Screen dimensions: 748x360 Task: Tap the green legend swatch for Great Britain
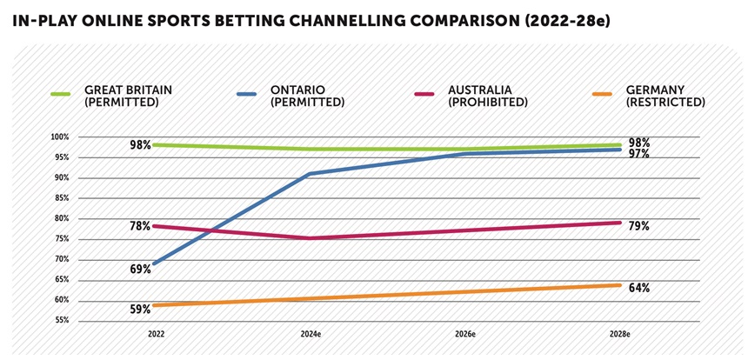pos(61,94)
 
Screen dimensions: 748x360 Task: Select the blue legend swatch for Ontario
pos(246,94)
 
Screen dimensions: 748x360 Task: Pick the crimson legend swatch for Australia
pos(424,94)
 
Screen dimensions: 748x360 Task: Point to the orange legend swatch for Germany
pos(602,94)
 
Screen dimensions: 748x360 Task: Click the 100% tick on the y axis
pos(61,137)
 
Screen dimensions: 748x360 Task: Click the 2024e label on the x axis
pos(311,334)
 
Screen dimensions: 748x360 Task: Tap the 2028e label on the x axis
pos(620,334)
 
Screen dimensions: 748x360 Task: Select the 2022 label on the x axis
pos(156,334)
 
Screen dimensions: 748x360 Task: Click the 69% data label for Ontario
pos(140,270)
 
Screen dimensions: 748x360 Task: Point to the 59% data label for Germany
pos(140,309)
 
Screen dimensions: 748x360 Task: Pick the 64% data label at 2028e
pos(638,288)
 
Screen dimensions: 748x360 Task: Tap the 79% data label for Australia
pos(638,226)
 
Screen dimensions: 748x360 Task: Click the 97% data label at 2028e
pos(638,154)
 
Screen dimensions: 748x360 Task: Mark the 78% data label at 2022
pos(140,226)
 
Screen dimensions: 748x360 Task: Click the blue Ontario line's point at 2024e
pos(311,174)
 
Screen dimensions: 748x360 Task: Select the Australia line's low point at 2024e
pos(311,238)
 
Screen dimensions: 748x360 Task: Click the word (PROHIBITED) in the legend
pos(487,103)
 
